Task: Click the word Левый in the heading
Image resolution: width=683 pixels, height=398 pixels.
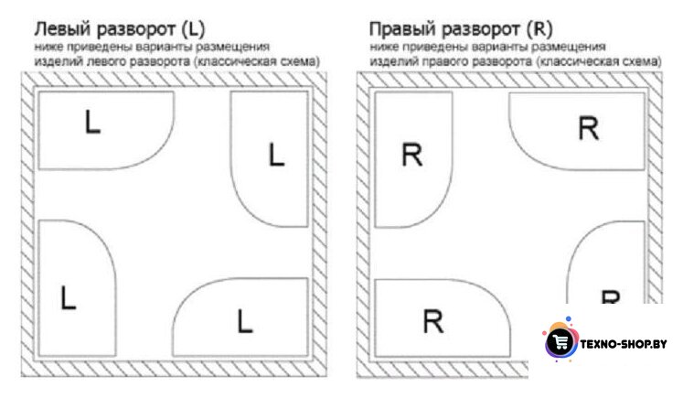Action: tap(62, 29)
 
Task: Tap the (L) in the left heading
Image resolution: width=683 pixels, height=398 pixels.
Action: tap(193, 29)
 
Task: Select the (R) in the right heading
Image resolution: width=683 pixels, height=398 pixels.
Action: tap(539, 29)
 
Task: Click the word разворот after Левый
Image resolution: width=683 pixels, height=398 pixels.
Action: tap(135, 30)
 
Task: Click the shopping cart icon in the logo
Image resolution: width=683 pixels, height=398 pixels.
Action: tap(560, 342)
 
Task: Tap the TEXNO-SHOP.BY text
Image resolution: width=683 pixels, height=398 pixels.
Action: tap(624, 344)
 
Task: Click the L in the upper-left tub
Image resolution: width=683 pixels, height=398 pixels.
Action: tap(92, 122)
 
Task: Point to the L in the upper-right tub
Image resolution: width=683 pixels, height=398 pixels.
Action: tap(276, 155)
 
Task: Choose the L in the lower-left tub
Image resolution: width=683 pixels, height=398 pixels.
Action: tap(69, 297)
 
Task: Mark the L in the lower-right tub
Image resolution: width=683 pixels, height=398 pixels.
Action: tap(245, 322)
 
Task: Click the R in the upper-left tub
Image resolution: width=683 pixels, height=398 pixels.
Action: tap(411, 156)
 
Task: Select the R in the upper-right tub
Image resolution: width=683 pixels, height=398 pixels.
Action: tap(589, 129)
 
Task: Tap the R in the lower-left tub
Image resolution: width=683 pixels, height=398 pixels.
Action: tap(433, 322)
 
